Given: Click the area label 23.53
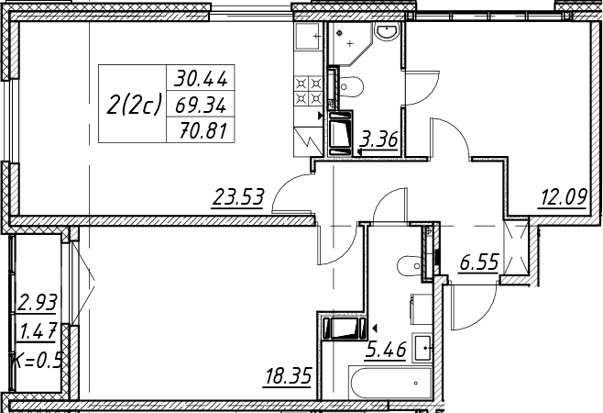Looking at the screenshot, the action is pyautogui.click(x=238, y=196).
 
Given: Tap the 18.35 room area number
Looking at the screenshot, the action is pyautogui.click(x=289, y=376).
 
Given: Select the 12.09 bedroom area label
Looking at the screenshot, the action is pyautogui.click(x=564, y=197).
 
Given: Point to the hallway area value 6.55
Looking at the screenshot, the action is pyautogui.click(x=479, y=263).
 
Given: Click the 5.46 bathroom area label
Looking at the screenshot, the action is pyautogui.click(x=386, y=350).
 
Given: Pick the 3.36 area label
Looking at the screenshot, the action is pyautogui.click(x=378, y=140).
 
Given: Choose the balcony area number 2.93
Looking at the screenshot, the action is pyautogui.click(x=38, y=302).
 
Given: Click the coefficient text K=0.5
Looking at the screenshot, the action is pyautogui.click(x=37, y=361).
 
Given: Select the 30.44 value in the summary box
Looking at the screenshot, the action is pyautogui.click(x=201, y=79).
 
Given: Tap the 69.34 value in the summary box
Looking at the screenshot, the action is pyautogui.click(x=201, y=106).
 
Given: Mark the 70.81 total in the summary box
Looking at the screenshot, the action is pyautogui.click(x=203, y=131).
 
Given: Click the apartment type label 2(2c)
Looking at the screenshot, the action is pyautogui.click(x=133, y=105).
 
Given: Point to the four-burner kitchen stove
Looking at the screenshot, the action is pyautogui.click(x=308, y=90).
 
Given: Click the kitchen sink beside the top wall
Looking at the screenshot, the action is pyautogui.click(x=307, y=36).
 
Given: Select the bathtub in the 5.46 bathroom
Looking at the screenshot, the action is pyautogui.click(x=390, y=383).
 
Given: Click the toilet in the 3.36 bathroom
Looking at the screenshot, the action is pyautogui.click(x=351, y=86).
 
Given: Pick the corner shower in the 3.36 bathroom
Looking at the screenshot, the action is pyautogui.click(x=350, y=43).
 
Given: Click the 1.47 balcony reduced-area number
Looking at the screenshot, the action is pyautogui.click(x=38, y=331).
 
